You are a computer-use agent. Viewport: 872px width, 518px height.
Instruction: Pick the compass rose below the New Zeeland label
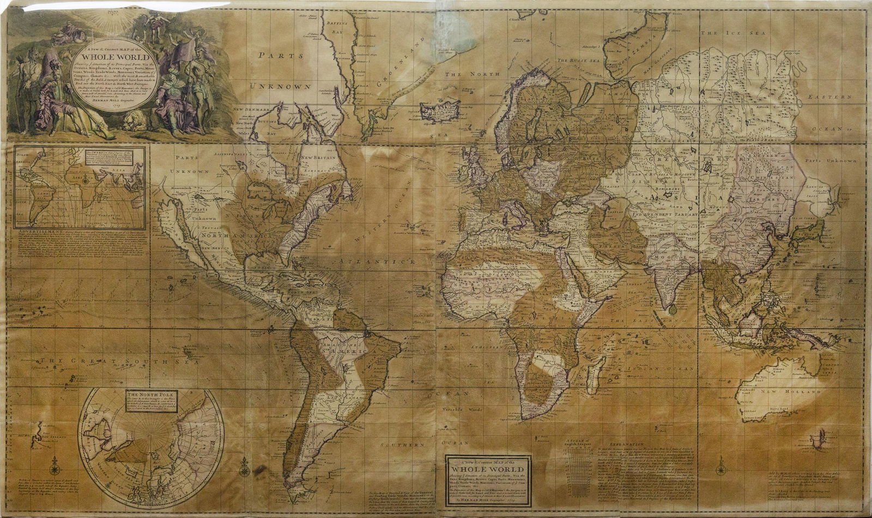(55, 467)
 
